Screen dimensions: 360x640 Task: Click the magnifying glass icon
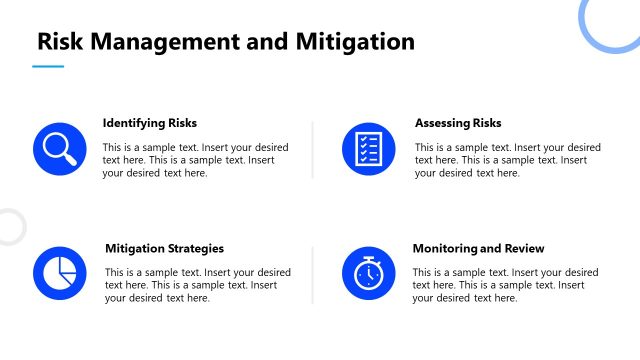pos(56,147)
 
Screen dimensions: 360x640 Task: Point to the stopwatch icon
pos(368,272)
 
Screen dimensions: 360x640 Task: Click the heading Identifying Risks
pos(150,123)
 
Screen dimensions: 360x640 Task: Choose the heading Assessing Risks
pos(458,123)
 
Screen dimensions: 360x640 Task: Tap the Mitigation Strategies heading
pos(164,248)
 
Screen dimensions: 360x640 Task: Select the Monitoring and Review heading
pos(478,248)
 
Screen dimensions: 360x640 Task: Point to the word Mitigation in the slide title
pos(355,42)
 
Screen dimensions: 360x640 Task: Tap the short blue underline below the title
pos(48,67)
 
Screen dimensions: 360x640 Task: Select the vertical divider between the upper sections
pos(313,149)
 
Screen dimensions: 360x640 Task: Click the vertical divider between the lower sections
pos(313,274)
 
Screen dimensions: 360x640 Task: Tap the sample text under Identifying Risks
pos(190,160)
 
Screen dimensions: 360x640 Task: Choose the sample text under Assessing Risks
pos(507,160)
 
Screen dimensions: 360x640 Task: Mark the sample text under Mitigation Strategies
pos(197,285)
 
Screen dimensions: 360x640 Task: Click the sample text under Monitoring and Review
pos(505,285)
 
